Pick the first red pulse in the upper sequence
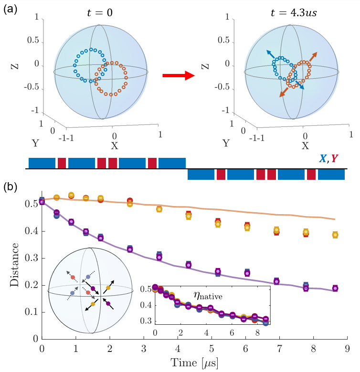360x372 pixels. coord(62,163)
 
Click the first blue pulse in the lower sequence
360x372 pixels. coord(200,175)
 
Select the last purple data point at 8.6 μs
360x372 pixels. coord(335,288)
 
